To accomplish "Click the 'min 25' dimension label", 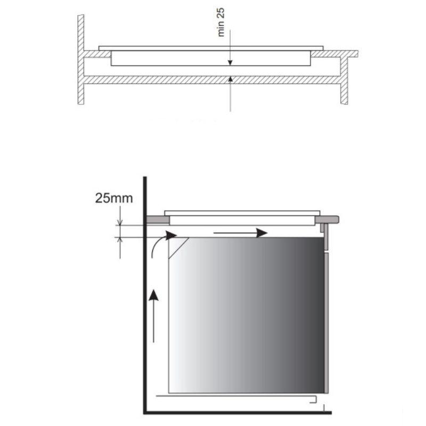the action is pos(221,22).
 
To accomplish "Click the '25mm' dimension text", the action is pos(114,198).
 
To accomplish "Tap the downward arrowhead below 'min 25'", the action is pos(230,63).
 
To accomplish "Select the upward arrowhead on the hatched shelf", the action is pos(231,78).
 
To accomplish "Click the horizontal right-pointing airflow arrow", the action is pos(241,233).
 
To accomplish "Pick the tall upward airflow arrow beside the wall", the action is pos(154,316).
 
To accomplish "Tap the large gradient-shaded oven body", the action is pos(247,315).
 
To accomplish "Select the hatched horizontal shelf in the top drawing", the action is pos(212,79).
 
